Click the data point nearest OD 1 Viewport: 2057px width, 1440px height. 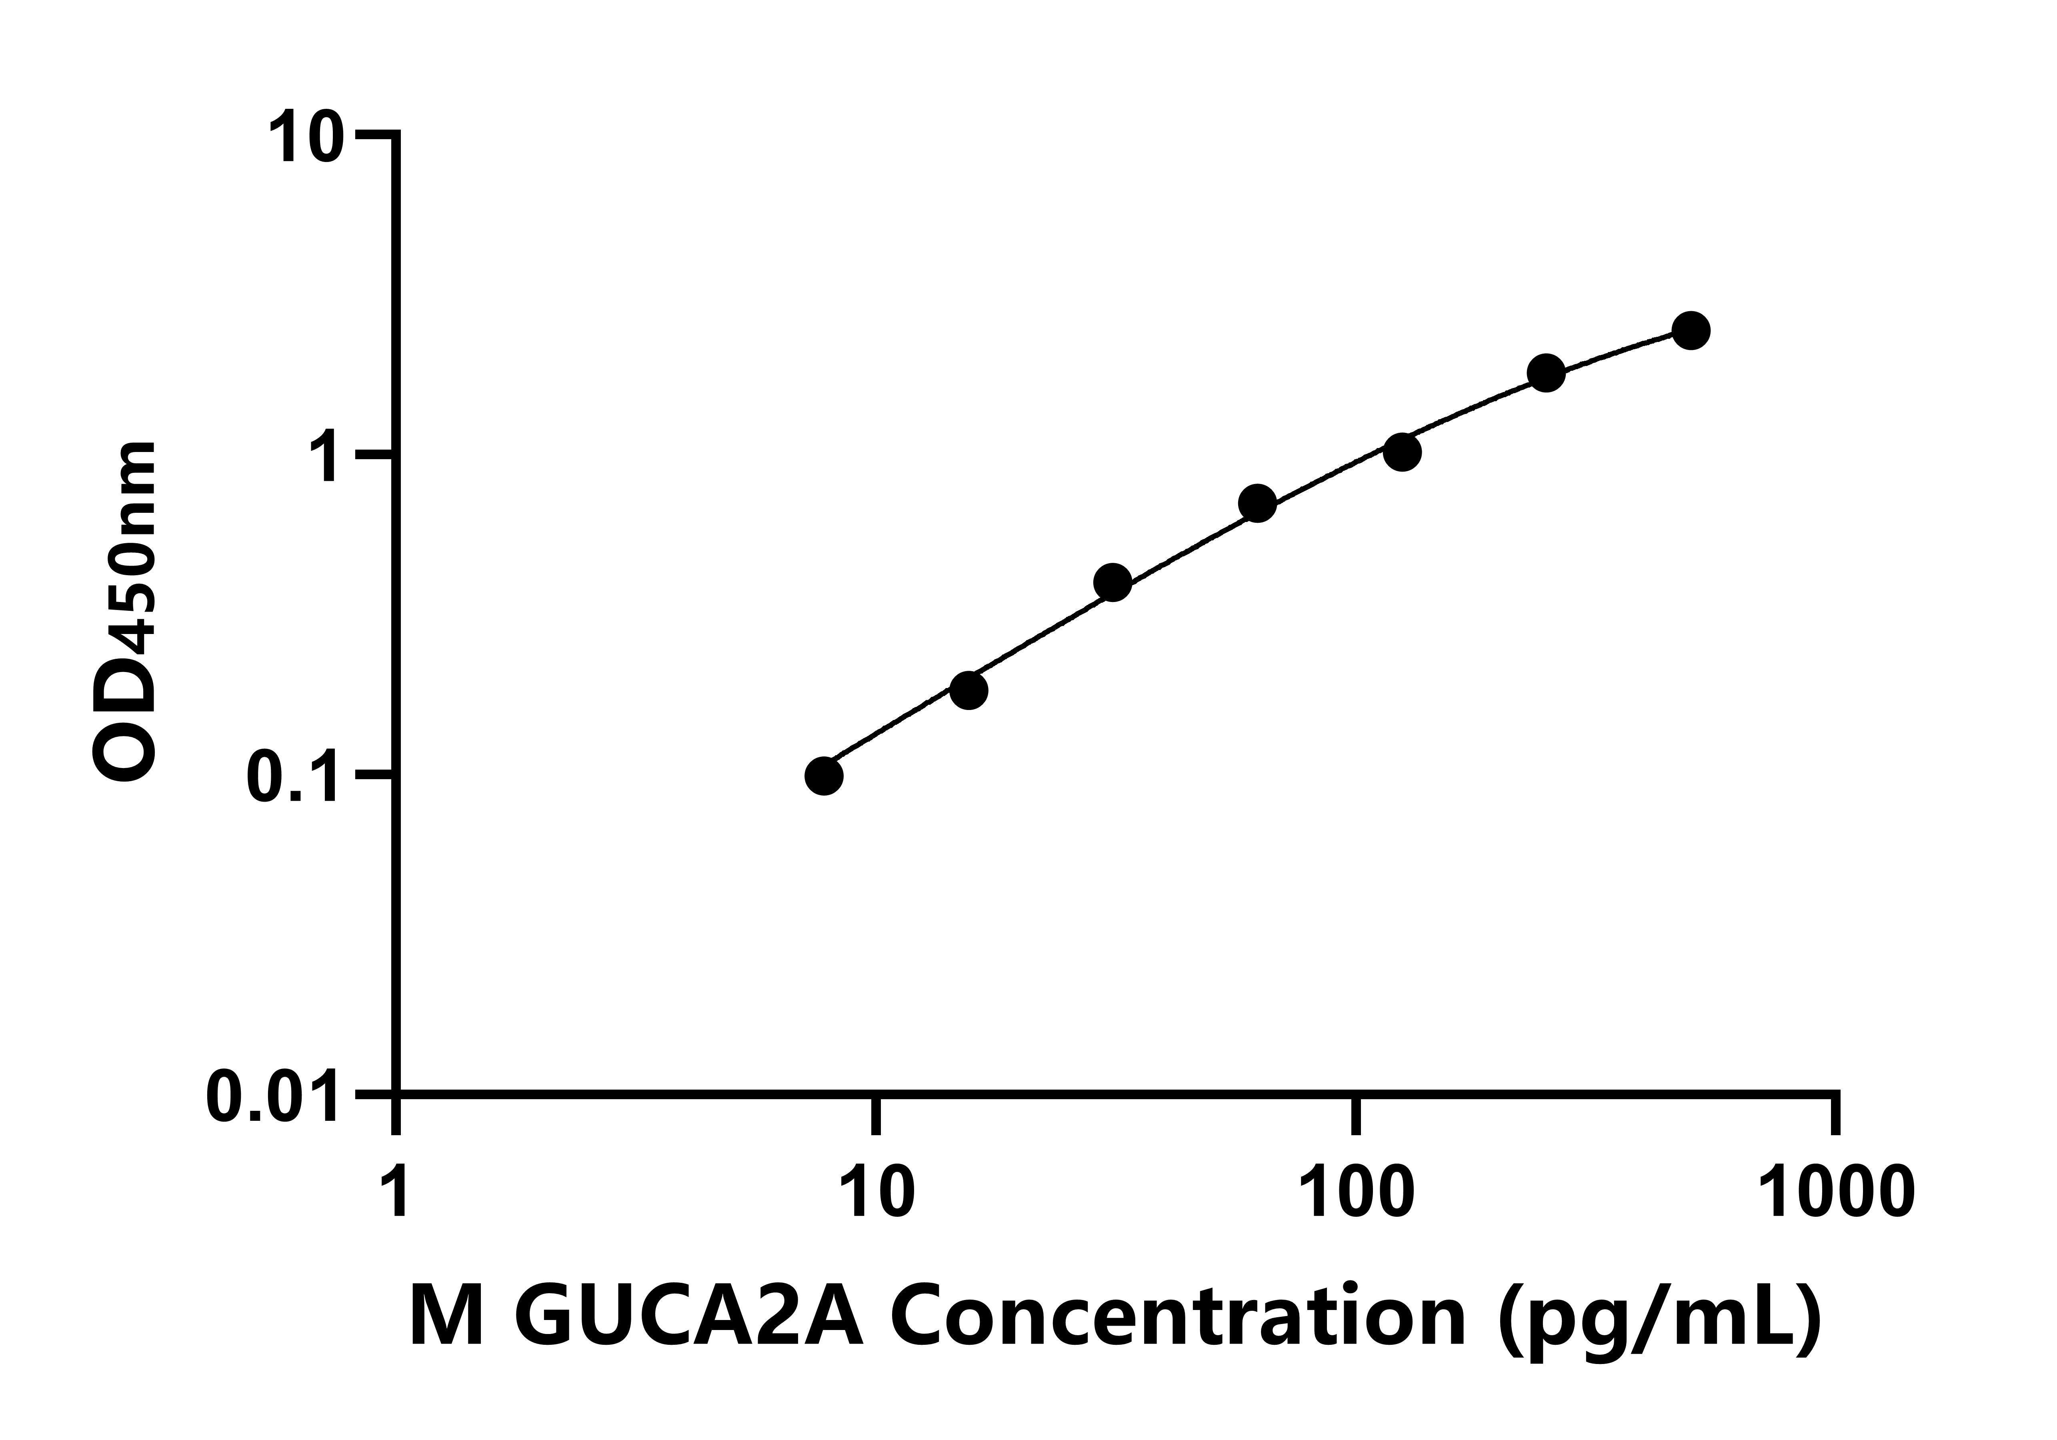point(1402,452)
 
